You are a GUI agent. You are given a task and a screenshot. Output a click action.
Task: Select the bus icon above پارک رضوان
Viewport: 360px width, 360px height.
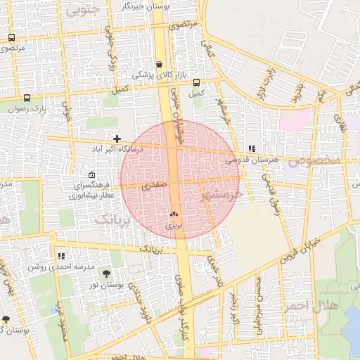coord(27,98)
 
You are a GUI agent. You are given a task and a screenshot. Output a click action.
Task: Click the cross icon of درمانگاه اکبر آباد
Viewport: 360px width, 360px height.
coord(117,139)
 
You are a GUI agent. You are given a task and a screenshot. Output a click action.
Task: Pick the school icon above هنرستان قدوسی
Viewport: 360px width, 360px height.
coord(252,148)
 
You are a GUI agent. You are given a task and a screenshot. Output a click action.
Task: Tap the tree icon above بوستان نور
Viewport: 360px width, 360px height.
coord(106,274)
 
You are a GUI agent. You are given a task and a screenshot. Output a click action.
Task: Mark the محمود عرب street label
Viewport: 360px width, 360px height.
coord(59,327)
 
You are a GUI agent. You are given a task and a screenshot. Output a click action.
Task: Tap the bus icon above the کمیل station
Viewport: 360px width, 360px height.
coord(196,82)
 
